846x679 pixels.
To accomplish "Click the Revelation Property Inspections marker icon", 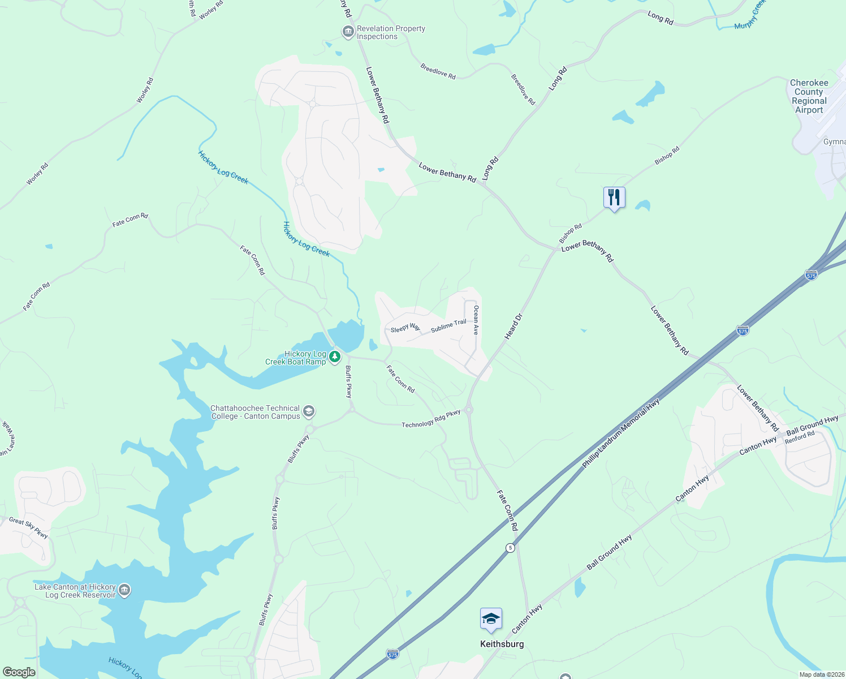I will (x=348, y=32).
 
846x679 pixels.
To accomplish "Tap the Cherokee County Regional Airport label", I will (x=809, y=96).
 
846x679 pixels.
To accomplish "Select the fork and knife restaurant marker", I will (x=614, y=197).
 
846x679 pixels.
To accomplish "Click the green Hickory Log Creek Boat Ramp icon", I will (x=335, y=356).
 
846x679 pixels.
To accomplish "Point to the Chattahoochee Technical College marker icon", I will (x=309, y=411).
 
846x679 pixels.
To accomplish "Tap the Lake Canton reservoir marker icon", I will (x=124, y=590).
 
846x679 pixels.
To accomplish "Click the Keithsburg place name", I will (x=502, y=644).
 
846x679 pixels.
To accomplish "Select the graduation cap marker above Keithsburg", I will (x=491, y=619).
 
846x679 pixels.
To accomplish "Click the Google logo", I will (x=19, y=672).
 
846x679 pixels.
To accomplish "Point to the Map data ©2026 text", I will (x=821, y=674).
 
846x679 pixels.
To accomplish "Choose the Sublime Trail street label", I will (x=448, y=326).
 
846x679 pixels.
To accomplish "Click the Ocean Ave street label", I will (x=476, y=320).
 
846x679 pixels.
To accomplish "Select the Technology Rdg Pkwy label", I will (x=431, y=419).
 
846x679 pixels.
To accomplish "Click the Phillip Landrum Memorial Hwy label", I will (x=621, y=434).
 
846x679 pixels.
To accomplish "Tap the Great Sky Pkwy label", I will (x=28, y=527).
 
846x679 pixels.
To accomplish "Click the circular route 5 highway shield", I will (x=510, y=548).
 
